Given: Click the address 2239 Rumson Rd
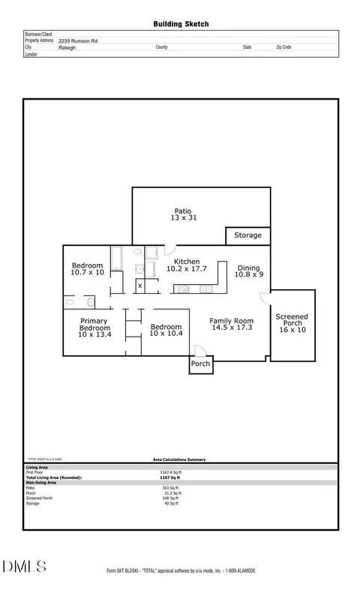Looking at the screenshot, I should click(77, 40).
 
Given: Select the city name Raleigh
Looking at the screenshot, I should click(67, 47).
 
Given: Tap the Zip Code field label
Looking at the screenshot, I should click(283, 47).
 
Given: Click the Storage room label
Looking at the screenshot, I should click(247, 235).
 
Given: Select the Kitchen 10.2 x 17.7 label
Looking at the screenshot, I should click(186, 264).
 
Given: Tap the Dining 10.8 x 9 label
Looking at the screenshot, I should click(249, 271).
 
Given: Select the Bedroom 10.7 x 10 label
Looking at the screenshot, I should click(87, 268).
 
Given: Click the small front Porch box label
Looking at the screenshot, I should click(200, 364).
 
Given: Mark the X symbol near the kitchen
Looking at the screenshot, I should click(139, 286).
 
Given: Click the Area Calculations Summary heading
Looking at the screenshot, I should click(174, 460).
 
